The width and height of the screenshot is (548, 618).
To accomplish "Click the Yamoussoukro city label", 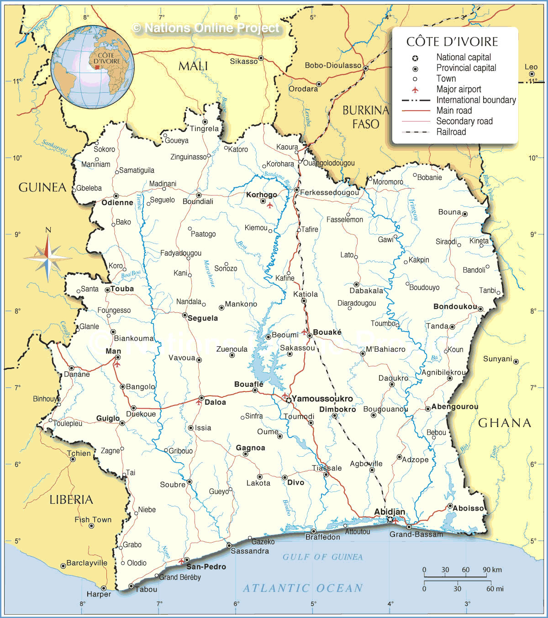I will (x=322, y=399).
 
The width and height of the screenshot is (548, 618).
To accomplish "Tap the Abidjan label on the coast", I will (x=390, y=512).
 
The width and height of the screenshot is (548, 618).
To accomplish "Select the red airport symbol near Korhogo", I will (x=269, y=205).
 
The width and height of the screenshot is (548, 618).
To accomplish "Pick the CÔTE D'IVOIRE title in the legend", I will (x=452, y=42).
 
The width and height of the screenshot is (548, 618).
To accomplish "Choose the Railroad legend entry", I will (x=451, y=132).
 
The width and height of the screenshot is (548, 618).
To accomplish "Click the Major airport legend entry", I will (x=458, y=90).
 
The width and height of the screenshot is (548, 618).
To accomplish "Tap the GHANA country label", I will (x=505, y=423).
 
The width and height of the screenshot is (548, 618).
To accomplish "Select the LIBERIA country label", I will (x=71, y=500).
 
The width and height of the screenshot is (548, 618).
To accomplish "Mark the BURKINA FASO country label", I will (x=365, y=117).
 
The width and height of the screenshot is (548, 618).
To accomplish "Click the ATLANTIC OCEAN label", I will (x=303, y=588).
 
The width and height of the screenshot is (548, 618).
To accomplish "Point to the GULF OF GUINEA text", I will (x=322, y=557).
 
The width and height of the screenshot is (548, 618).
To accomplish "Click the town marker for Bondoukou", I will (x=480, y=309).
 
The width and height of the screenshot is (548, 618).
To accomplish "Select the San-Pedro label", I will (x=206, y=567).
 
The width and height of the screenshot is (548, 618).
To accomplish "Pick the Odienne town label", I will (x=117, y=202).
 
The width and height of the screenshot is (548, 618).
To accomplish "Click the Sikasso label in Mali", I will (x=243, y=61).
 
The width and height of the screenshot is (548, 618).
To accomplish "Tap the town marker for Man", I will (x=118, y=358).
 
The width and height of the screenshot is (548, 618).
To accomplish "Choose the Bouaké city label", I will (x=327, y=333).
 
